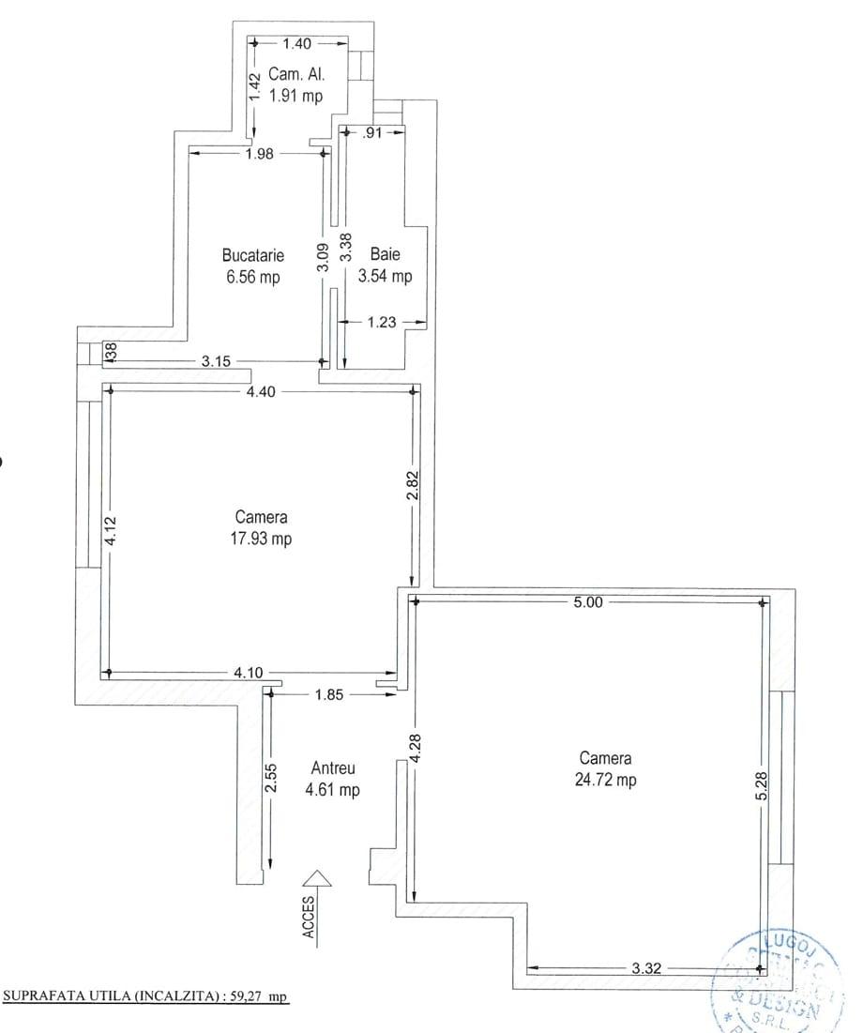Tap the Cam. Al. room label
coord(296,74)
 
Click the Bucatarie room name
coord(252,254)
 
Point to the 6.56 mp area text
coord(251,277)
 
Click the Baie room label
coord(385,254)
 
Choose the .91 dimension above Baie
coord(372,133)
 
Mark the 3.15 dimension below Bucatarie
coord(216,360)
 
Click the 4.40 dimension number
coord(260,392)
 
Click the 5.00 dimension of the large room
coord(588,602)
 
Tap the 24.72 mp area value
coord(605,780)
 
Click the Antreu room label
coord(332,767)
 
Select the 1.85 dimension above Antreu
coord(327,694)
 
